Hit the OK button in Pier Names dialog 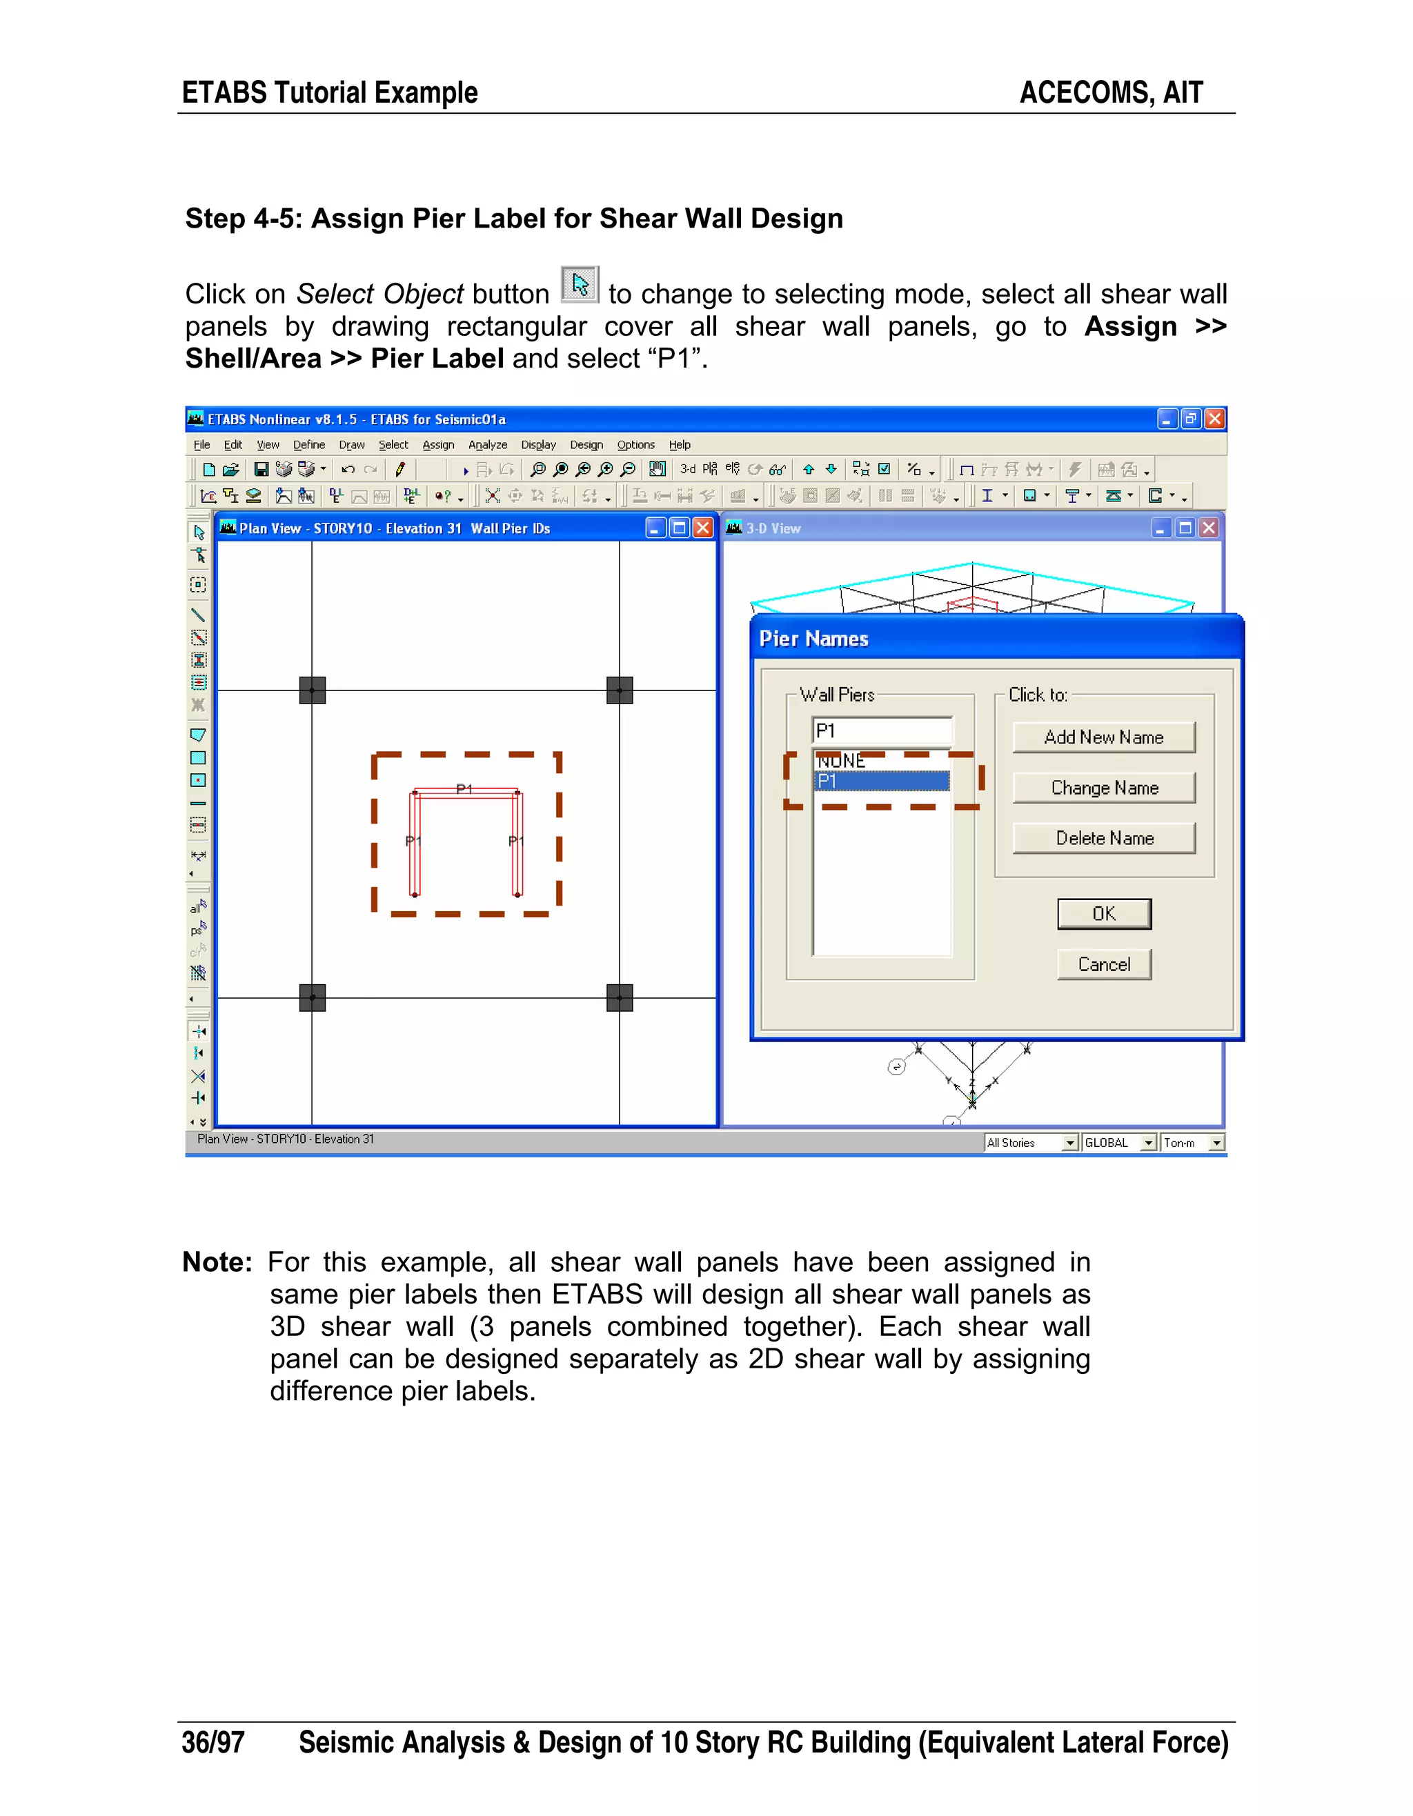(x=1104, y=914)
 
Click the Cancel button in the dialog (x=1104, y=964)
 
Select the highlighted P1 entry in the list (x=881, y=781)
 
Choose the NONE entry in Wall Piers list (x=842, y=761)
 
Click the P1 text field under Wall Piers (x=882, y=731)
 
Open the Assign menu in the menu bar (x=437, y=445)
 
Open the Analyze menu (x=487, y=445)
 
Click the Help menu (x=680, y=445)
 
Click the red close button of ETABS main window (x=1214, y=419)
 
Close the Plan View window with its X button (x=703, y=528)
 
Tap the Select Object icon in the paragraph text (x=580, y=286)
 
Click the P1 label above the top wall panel (x=464, y=788)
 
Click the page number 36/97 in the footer (x=213, y=1742)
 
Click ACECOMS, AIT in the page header (x=1110, y=92)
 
